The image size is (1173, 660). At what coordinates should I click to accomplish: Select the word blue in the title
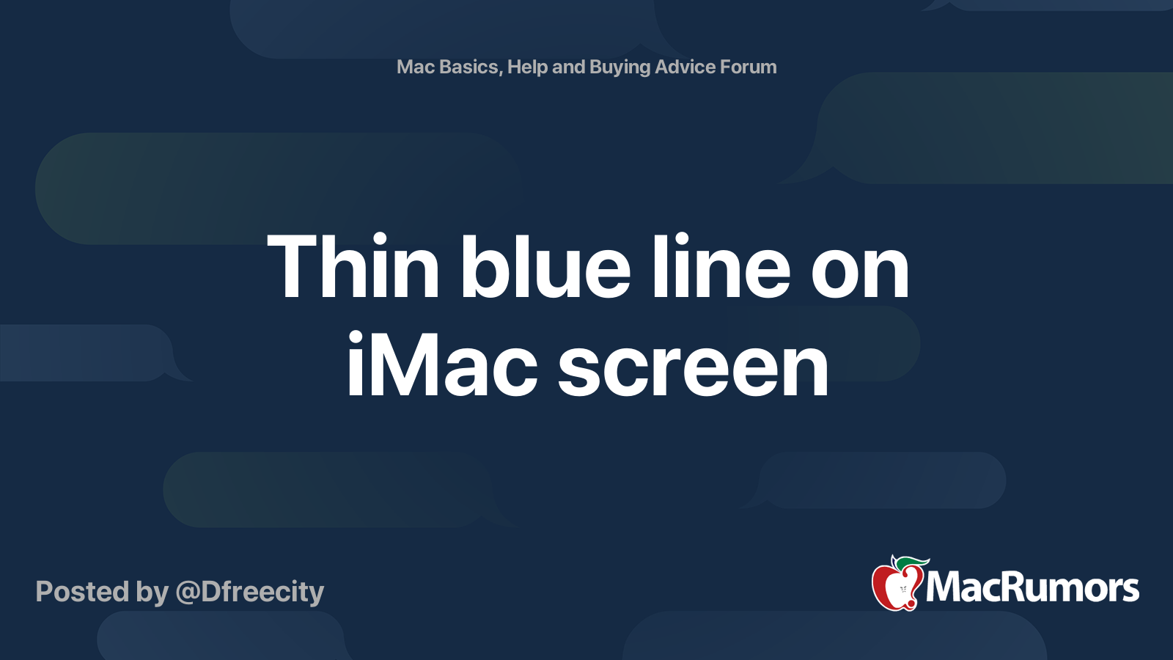(x=545, y=268)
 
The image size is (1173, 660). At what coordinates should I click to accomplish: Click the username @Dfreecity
(x=249, y=591)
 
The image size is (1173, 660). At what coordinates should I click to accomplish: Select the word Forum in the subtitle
(x=748, y=67)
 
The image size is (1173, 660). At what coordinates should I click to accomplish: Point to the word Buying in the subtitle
(x=619, y=67)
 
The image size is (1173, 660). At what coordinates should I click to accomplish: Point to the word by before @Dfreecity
(x=152, y=593)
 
